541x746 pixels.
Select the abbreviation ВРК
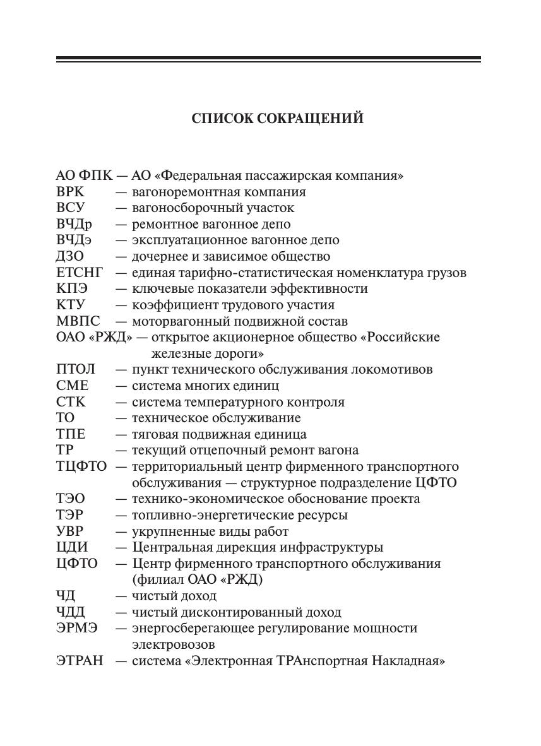[x=70, y=192]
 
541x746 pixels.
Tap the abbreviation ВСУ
[x=70, y=208]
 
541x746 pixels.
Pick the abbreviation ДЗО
[x=70, y=256]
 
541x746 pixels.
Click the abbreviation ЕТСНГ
[x=79, y=273]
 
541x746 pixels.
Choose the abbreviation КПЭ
[x=71, y=288]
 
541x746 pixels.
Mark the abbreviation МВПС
[x=78, y=321]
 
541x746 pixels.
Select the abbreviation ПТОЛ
[x=76, y=369]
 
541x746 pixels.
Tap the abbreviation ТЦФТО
[x=81, y=466]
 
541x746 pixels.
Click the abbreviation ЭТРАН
[x=80, y=661]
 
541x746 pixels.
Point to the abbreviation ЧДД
[x=71, y=612]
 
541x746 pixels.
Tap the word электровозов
[x=173, y=644]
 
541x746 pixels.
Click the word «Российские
[x=400, y=337]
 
